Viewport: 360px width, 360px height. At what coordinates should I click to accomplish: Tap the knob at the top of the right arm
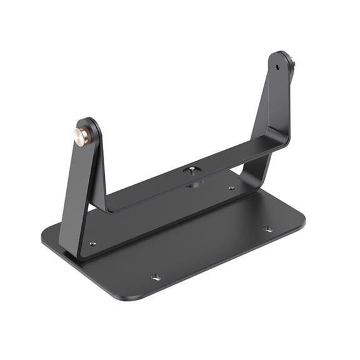[x=291, y=62]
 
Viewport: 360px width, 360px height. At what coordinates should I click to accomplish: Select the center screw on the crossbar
[x=190, y=170]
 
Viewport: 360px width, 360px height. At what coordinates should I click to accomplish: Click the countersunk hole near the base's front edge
[x=156, y=276]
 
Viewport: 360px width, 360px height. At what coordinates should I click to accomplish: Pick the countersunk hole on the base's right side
[x=267, y=229]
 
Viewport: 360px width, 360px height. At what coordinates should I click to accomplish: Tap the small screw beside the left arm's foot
[x=92, y=243]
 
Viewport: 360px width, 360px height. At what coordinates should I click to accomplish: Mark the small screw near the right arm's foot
[x=231, y=187]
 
